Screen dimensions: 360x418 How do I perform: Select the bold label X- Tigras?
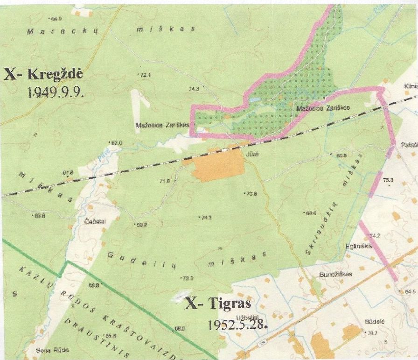click(x=218, y=304)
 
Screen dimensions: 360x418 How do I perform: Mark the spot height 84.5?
click(x=410, y=292)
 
